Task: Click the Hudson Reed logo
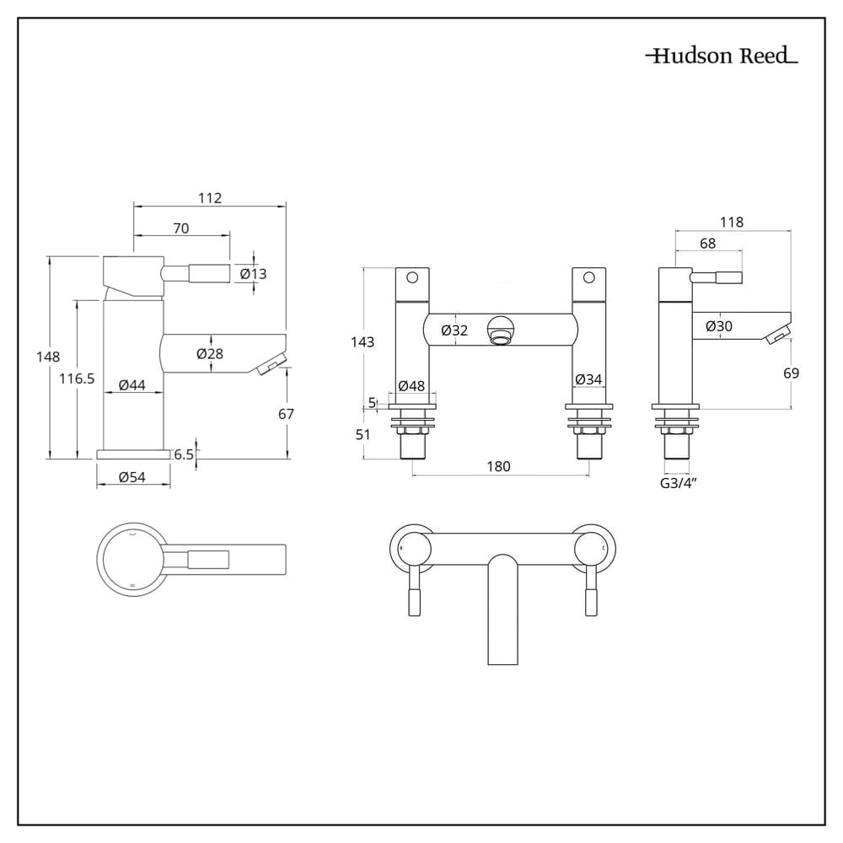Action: click(x=722, y=56)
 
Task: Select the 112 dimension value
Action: click(x=210, y=198)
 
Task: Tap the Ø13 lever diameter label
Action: click(x=253, y=273)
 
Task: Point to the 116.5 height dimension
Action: click(x=77, y=379)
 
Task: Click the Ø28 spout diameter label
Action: click(x=210, y=354)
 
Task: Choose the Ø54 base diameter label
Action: click(x=133, y=477)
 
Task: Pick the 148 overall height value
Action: click(x=48, y=357)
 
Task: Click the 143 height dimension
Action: click(x=362, y=342)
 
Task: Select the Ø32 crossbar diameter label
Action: click(x=454, y=330)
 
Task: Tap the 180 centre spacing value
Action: click(x=498, y=467)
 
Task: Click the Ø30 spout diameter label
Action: click(x=718, y=326)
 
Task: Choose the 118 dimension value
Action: click(x=732, y=223)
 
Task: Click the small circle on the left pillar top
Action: click(x=412, y=277)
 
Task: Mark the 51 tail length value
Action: click(x=363, y=435)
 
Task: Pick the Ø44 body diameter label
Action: click(x=132, y=385)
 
